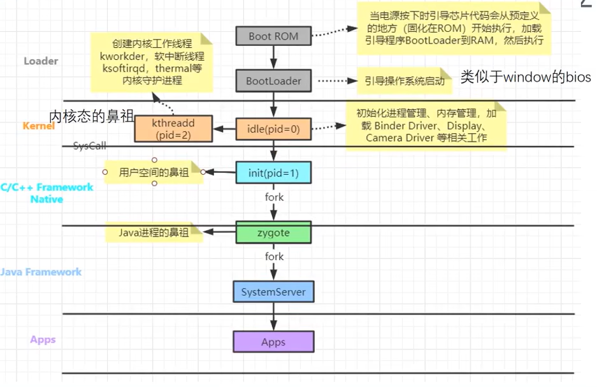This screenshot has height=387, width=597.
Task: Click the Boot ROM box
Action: (x=273, y=36)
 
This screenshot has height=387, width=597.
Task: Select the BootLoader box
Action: (x=273, y=82)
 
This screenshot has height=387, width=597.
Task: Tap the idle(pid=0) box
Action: (x=273, y=129)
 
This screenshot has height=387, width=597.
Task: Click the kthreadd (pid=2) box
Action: (x=173, y=129)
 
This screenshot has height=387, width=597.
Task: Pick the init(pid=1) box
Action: (x=273, y=172)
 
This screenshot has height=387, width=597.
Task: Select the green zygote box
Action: (x=273, y=233)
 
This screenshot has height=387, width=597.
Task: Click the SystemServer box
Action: (x=273, y=293)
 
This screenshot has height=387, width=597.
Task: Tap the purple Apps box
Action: (x=273, y=342)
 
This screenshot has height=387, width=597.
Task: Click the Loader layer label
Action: (x=41, y=61)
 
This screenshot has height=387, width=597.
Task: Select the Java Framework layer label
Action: (x=41, y=272)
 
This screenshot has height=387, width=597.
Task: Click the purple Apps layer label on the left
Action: (x=43, y=339)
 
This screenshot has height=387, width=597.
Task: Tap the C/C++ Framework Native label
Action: (x=47, y=193)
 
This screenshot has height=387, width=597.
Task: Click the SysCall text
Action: (x=89, y=146)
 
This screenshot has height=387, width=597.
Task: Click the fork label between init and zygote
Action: (x=274, y=197)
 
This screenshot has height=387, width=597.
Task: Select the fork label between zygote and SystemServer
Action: (x=274, y=256)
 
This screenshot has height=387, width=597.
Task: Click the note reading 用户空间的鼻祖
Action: (x=153, y=172)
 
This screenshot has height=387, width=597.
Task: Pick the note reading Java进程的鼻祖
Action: (x=154, y=233)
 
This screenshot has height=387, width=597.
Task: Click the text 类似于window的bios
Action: (x=526, y=78)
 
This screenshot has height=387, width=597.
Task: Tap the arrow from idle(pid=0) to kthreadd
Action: (x=224, y=129)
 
